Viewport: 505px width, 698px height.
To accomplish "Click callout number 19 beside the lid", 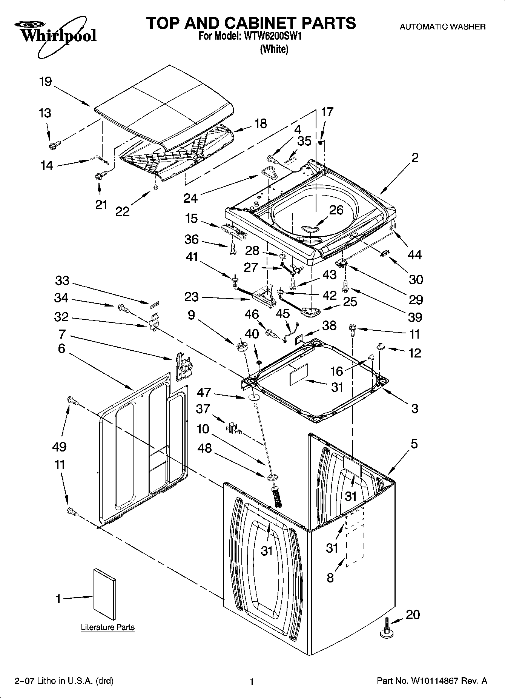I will (x=46, y=82).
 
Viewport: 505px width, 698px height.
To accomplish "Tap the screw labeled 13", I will (x=53, y=145).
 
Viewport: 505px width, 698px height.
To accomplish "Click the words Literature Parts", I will (x=107, y=627).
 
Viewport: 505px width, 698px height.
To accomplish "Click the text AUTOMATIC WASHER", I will (x=442, y=27).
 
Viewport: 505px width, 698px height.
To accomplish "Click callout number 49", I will (x=59, y=447).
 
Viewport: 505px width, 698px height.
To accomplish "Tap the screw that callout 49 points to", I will (x=71, y=401).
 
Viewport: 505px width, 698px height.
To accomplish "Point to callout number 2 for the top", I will (x=415, y=157).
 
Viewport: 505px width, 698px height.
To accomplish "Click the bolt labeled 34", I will (x=123, y=308).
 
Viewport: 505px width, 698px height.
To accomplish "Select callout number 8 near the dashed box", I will (x=330, y=578).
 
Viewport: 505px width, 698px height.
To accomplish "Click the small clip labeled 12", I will (x=380, y=345).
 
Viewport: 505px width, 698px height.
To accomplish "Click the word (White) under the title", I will (x=274, y=49).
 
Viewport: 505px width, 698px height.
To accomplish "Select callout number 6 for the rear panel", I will (x=61, y=348).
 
